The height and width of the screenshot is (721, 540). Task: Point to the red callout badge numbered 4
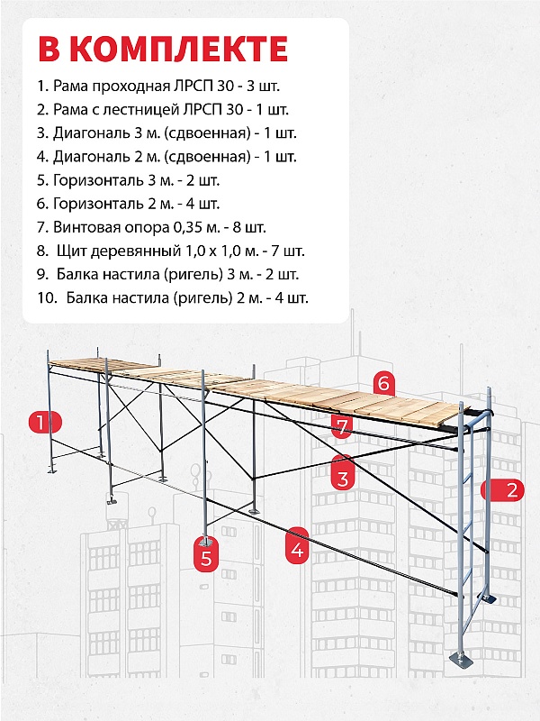(298, 547)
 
